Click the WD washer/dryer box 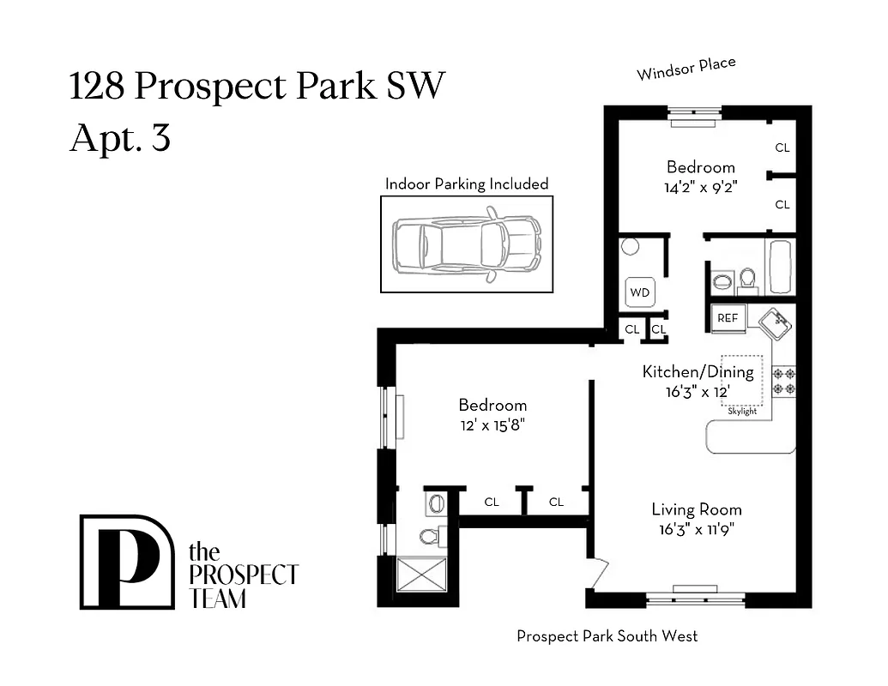click(640, 292)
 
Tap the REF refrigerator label click(728, 318)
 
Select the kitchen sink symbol click(775, 324)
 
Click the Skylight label click(742, 412)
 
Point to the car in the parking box click(467, 243)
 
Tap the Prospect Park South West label click(607, 636)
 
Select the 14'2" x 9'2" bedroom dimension click(700, 188)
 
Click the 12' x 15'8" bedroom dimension click(492, 424)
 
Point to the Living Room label click(696, 509)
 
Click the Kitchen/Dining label click(698, 372)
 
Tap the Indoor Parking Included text click(466, 184)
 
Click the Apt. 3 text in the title click(120, 137)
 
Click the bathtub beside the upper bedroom click(780, 267)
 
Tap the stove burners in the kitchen click(783, 380)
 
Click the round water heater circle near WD click(631, 247)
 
